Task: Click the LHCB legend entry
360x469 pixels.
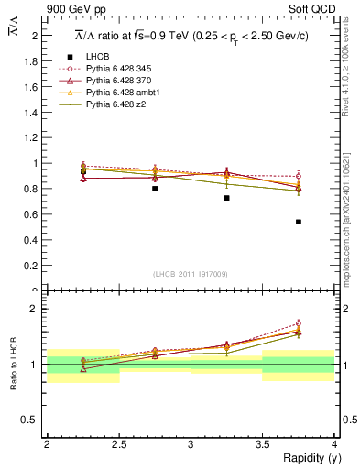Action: pos(98,57)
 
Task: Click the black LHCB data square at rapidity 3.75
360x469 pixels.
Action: pos(299,222)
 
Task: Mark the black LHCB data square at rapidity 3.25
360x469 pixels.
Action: pos(226,198)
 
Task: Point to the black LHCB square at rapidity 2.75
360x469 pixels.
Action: pos(155,189)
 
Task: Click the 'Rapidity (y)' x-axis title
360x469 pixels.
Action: pos(306,458)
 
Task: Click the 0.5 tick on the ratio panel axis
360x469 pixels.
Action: pos(36,420)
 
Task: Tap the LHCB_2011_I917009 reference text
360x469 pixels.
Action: pos(190,273)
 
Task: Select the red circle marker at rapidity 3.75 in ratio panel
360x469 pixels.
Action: pos(299,323)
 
